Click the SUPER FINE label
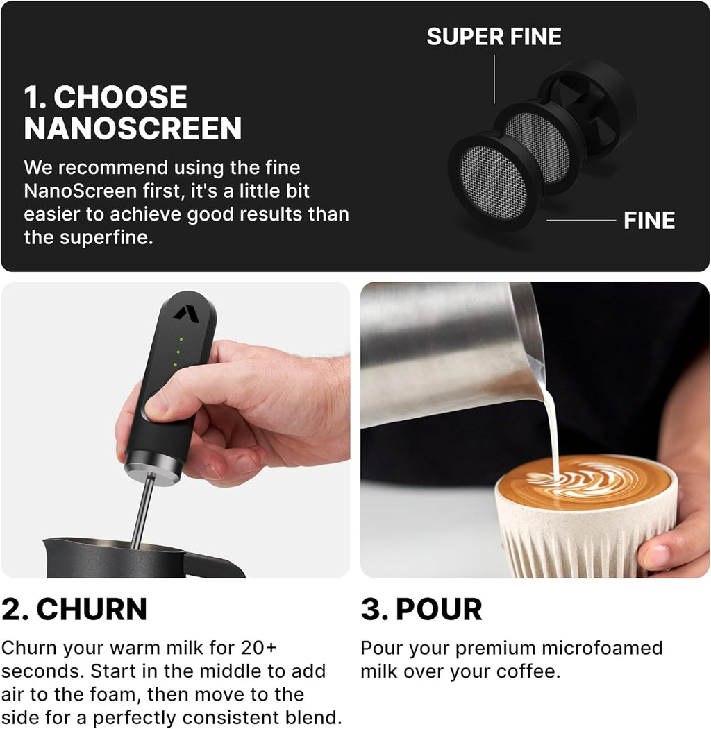click(494, 36)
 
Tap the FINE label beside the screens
click(649, 221)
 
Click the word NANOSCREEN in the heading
click(133, 128)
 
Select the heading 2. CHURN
click(74, 609)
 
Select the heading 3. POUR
click(421, 609)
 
